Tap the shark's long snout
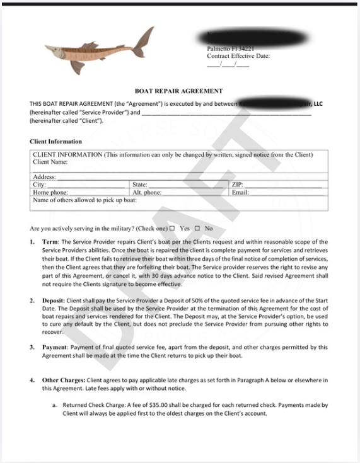point(54,47)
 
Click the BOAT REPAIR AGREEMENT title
point(178,91)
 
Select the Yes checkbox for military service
point(171,229)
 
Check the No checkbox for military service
point(197,229)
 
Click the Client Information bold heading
point(55,142)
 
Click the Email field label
point(240,193)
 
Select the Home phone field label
point(50,193)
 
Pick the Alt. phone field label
point(146,193)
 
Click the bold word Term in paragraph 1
point(49,242)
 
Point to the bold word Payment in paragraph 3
point(55,347)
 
